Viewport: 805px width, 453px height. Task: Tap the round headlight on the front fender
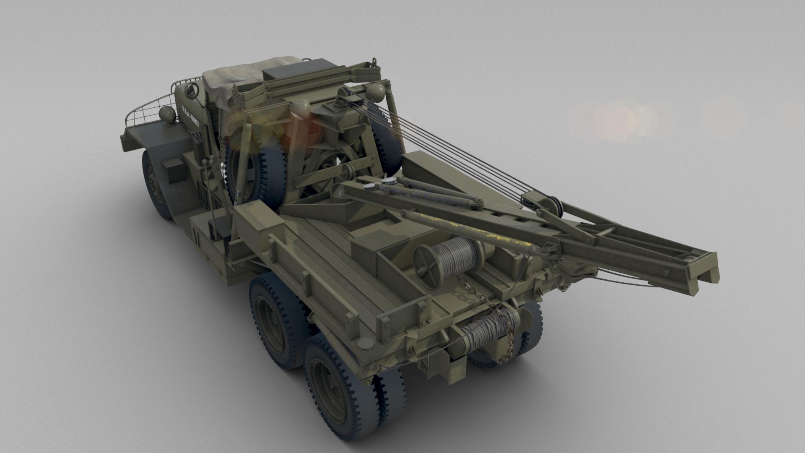[x=167, y=115]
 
